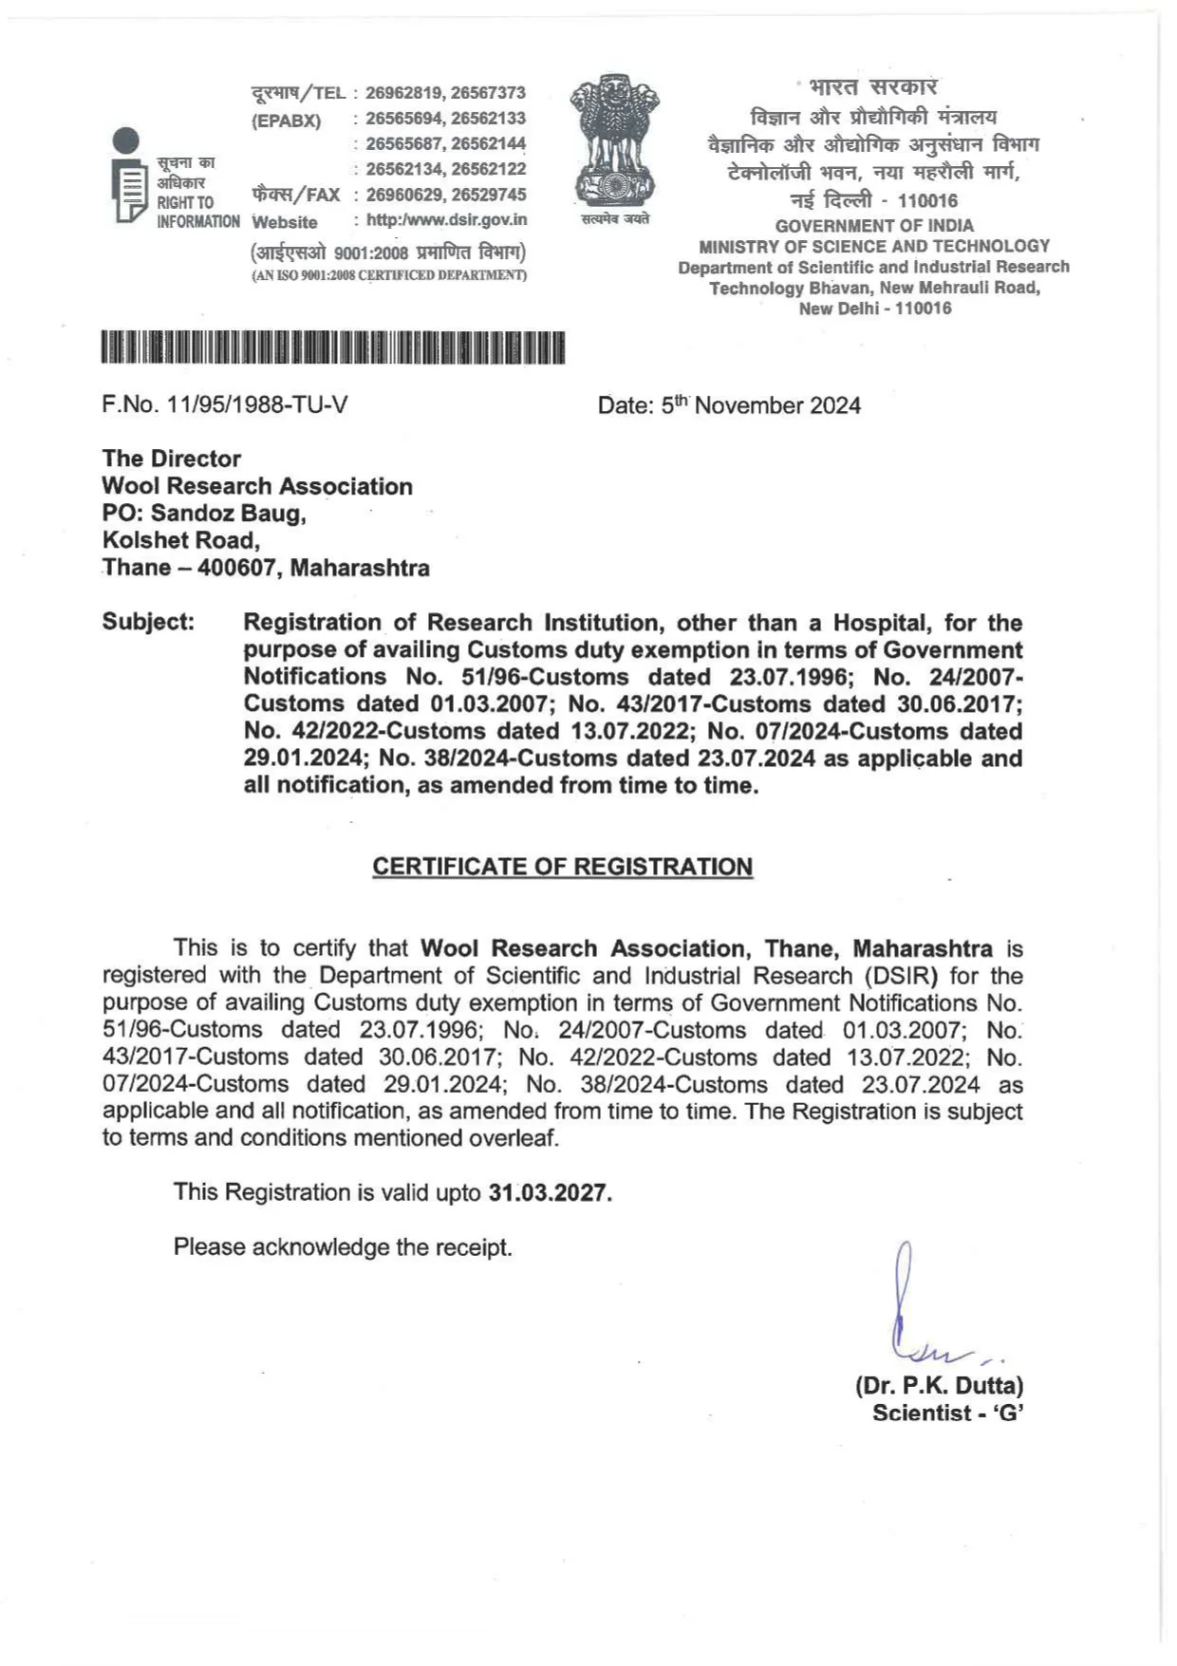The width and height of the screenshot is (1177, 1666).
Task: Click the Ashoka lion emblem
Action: pos(615,140)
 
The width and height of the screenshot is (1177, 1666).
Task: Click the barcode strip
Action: pos(333,347)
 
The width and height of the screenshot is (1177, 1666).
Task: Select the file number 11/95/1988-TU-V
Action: pos(225,405)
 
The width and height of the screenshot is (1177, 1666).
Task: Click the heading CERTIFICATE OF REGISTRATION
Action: pos(562,867)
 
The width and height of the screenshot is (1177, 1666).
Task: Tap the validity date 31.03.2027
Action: pos(550,1192)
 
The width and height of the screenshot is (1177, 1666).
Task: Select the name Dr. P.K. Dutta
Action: pos(939,1385)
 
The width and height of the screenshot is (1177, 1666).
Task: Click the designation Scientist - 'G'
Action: pos(947,1413)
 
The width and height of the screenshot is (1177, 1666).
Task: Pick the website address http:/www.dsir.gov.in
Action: pos(446,220)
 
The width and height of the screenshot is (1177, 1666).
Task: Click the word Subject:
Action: pos(148,623)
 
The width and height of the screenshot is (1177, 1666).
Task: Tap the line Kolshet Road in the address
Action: pos(180,541)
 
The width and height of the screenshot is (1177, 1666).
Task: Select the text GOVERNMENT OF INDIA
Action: pos(874,226)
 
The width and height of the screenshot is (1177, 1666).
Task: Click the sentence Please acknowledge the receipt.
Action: pos(343,1247)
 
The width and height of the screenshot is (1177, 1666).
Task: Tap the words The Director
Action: pos(172,459)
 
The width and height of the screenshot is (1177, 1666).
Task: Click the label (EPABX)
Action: pos(287,121)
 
